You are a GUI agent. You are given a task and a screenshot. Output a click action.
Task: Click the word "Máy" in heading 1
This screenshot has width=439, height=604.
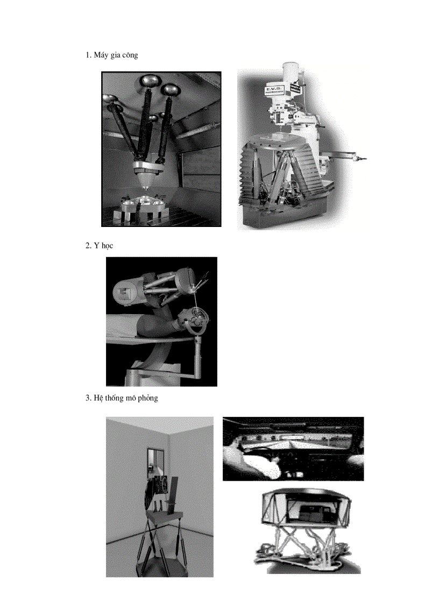tap(101, 55)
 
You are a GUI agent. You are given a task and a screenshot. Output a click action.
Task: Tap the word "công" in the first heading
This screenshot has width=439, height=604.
tap(129, 55)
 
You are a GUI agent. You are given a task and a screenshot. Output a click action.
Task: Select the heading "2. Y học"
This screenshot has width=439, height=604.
tap(99, 245)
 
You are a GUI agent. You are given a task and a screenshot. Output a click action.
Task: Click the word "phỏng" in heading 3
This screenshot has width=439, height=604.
tap(146, 399)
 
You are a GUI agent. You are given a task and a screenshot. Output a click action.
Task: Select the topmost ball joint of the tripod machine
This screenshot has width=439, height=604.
tap(148, 81)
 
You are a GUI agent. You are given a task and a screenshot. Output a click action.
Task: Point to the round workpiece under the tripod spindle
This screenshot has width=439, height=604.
tap(145, 203)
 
